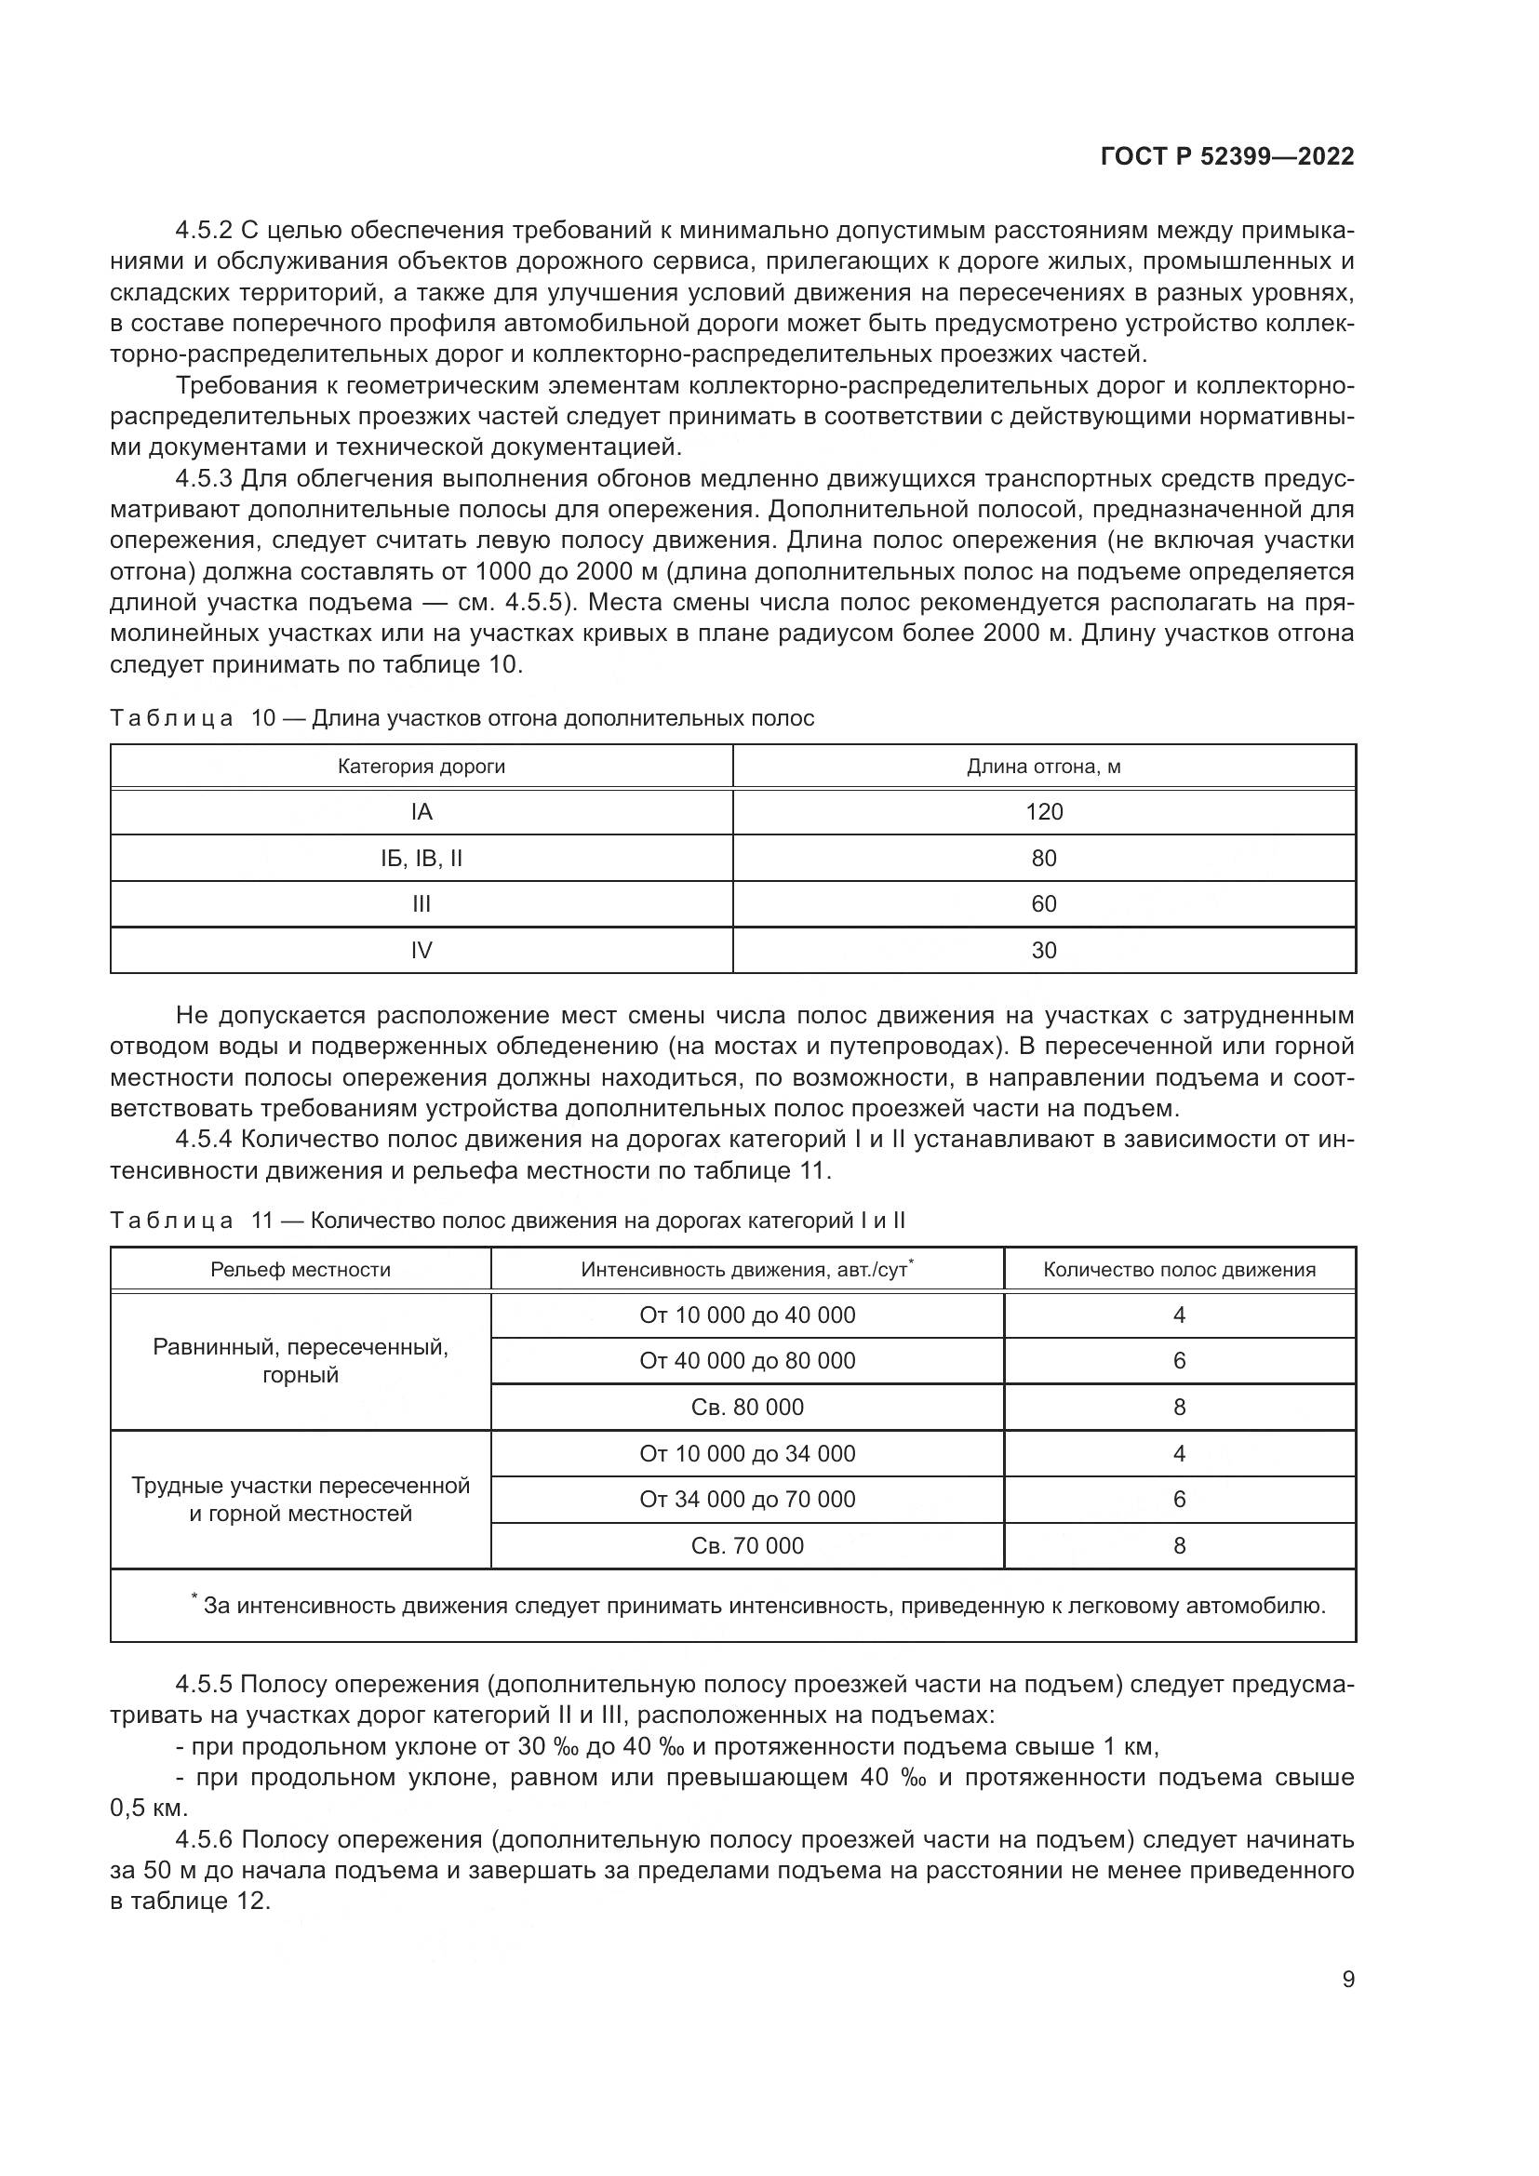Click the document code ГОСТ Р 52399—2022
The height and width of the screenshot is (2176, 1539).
[x=1227, y=156]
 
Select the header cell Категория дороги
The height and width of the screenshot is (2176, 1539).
[x=422, y=767]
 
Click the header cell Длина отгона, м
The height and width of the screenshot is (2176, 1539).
[x=1043, y=767]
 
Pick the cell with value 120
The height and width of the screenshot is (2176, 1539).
[x=1044, y=812]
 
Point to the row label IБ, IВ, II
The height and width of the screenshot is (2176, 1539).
[x=422, y=859]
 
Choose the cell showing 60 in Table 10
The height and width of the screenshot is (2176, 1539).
[x=1044, y=904]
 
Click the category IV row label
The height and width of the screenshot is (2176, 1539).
[x=422, y=951]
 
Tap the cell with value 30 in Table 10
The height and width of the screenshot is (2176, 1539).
[x=1044, y=951]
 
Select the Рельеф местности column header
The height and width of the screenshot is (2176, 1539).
[x=301, y=1269]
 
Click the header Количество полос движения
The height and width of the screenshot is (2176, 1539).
[x=1179, y=1269]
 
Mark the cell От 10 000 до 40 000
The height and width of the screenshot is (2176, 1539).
[x=747, y=1315]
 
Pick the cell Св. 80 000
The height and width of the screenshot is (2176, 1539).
[x=747, y=1408]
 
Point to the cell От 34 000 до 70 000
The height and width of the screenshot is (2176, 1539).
[x=747, y=1500]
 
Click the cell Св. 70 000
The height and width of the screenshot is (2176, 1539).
[x=747, y=1546]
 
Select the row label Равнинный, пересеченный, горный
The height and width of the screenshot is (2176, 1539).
[x=301, y=1361]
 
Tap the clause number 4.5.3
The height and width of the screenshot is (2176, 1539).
[x=204, y=479]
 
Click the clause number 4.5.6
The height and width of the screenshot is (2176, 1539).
[x=204, y=1839]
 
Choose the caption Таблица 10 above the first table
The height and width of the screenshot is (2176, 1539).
[x=171, y=718]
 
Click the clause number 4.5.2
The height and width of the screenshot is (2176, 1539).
[x=204, y=231]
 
